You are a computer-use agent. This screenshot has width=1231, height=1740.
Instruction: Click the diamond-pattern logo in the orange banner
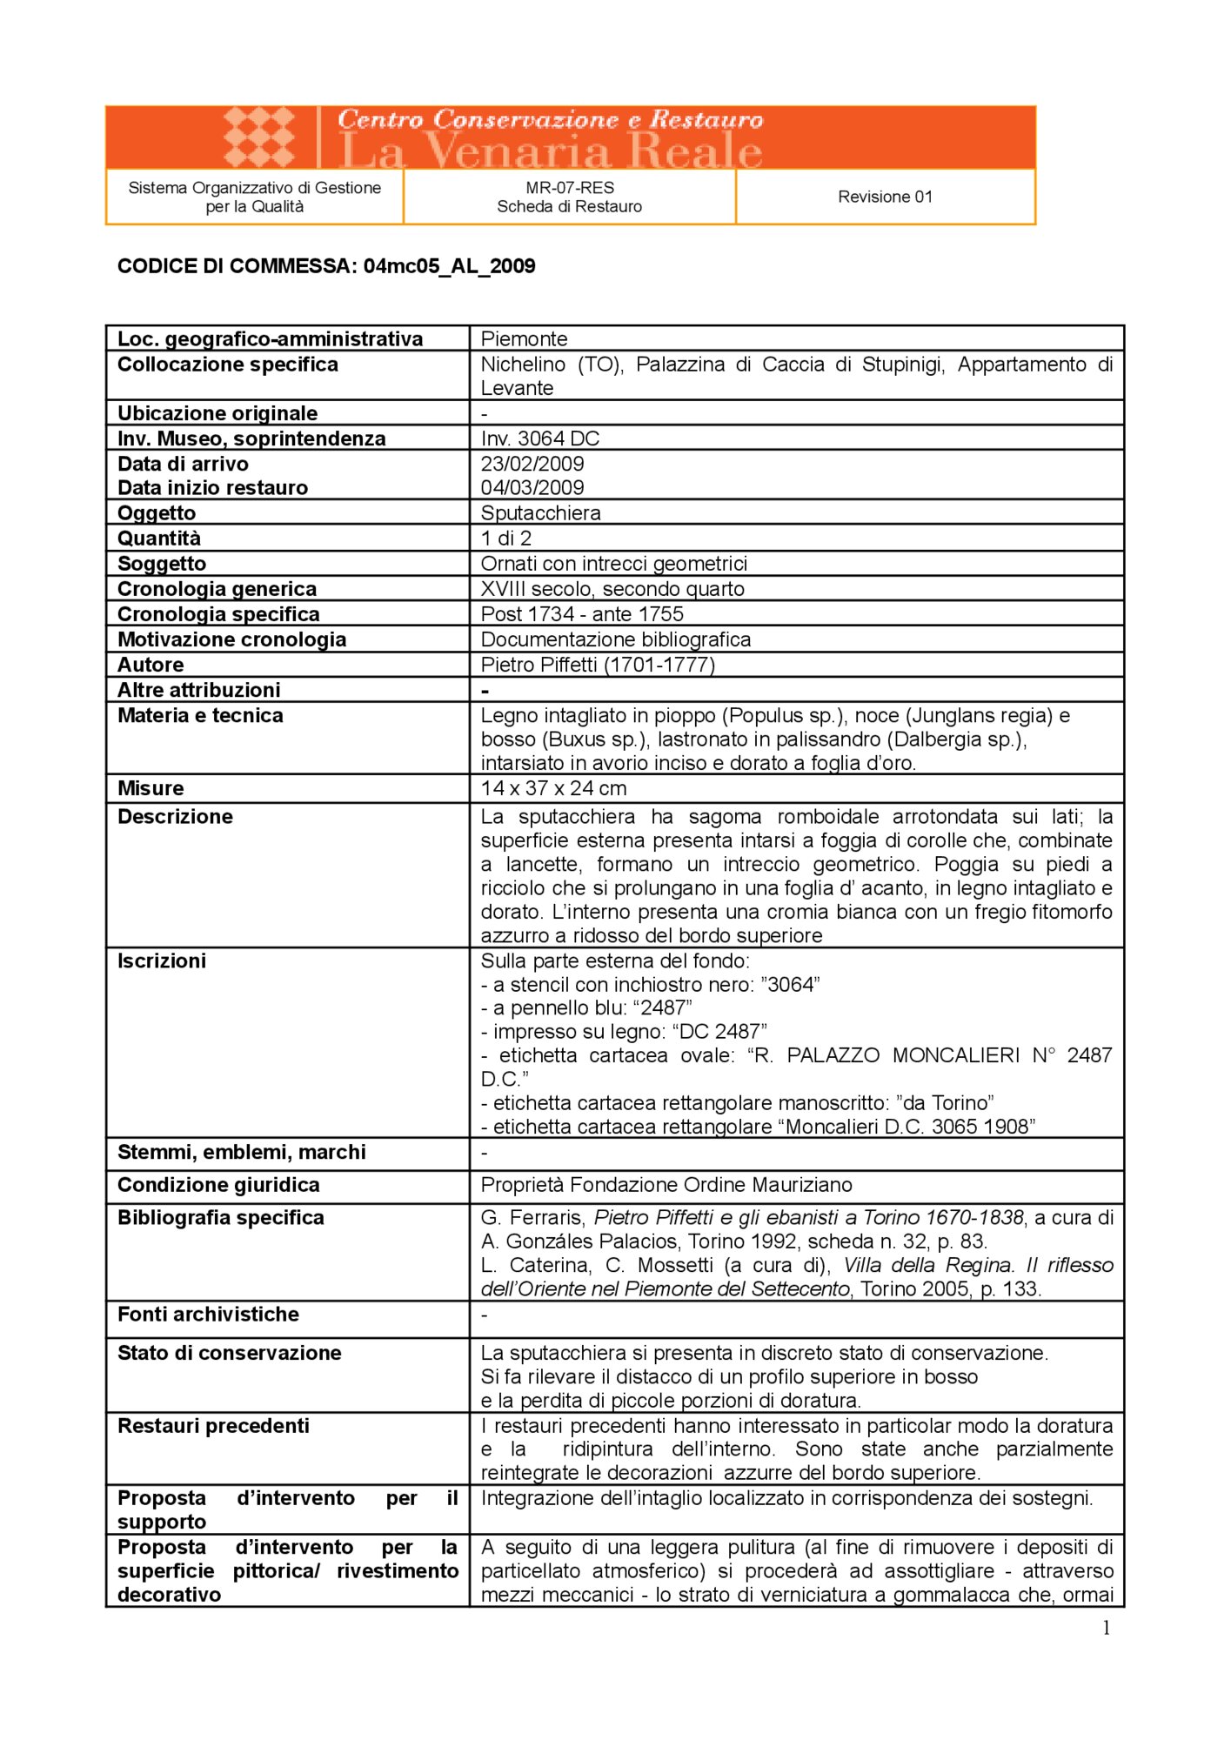[x=259, y=137]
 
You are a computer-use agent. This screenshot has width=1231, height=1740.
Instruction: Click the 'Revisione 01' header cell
[x=885, y=197]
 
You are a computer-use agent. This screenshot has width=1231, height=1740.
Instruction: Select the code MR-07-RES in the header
[x=570, y=187]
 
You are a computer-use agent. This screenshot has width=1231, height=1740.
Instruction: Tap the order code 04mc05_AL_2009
[x=449, y=266]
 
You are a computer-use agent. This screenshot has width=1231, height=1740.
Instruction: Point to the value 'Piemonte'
[x=524, y=338]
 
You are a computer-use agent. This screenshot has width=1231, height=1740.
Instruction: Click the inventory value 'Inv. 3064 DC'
[x=540, y=438]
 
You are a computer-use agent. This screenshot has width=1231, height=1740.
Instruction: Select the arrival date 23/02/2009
[x=532, y=464]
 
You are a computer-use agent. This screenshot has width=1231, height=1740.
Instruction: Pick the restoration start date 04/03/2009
[x=532, y=487]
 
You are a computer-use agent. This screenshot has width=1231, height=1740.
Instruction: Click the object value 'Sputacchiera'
[x=540, y=512]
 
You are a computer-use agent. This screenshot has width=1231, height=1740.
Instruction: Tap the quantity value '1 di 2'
[x=505, y=538]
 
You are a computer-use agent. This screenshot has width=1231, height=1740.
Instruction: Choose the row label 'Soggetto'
[x=162, y=564]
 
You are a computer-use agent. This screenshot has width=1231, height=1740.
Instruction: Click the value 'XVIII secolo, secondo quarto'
[x=612, y=589]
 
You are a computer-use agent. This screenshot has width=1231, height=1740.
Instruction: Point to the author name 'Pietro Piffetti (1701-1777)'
[x=598, y=665]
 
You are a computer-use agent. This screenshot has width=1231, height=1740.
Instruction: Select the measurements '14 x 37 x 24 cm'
[x=553, y=788]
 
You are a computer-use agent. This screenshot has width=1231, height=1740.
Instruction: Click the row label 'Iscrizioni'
[x=162, y=960]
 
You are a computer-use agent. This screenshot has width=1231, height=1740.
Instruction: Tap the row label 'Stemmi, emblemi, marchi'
[x=242, y=1152]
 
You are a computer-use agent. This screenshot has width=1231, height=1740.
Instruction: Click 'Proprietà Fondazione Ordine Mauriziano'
[x=666, y=1185]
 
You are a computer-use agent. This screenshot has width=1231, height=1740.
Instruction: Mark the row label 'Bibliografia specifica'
[x=221, y=1217]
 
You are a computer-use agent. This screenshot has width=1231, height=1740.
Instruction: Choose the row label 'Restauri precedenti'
[x=213, y=1425]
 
